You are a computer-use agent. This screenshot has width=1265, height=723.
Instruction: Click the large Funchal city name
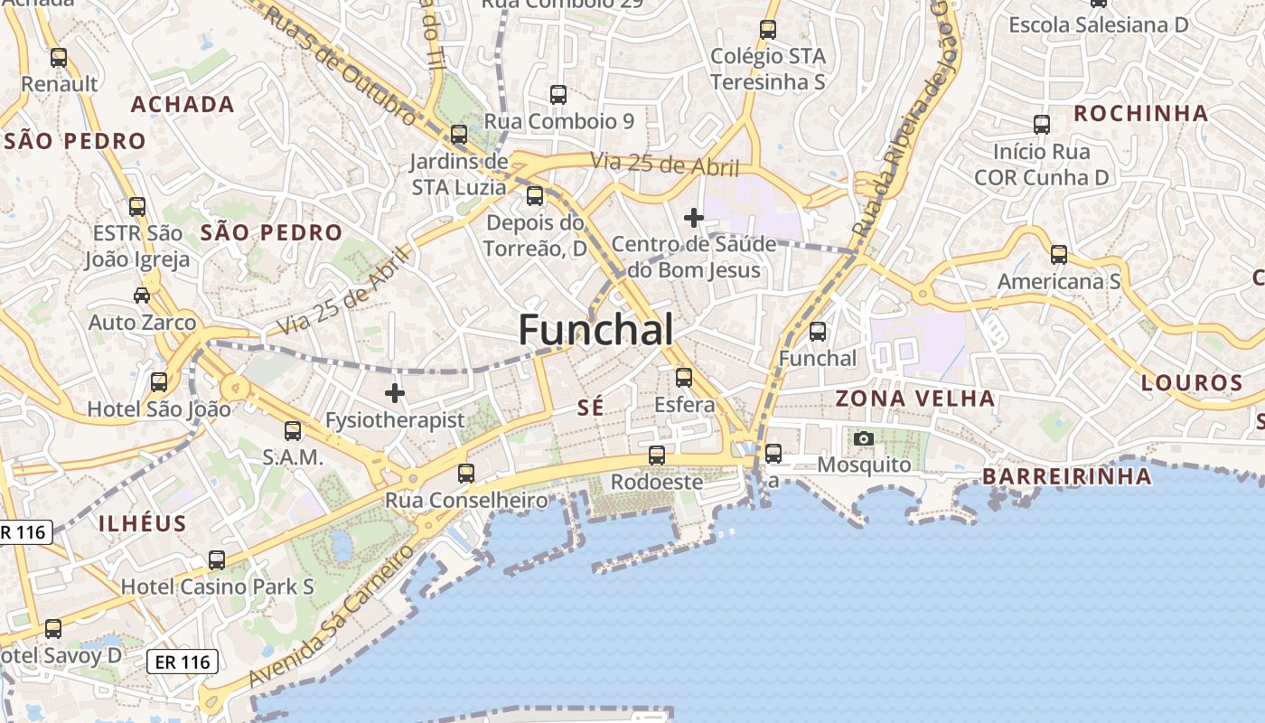tap(595, 330)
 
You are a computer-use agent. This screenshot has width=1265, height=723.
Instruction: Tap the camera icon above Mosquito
tap(864, 439)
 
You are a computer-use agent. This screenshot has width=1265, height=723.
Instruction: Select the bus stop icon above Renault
tap(59, 58)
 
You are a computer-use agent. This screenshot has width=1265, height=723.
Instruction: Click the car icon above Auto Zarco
tap(142, 296)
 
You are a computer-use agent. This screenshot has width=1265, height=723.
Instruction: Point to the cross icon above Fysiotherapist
tap(395, 393)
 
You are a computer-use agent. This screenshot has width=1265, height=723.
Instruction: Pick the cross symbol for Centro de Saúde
tap(694, 218)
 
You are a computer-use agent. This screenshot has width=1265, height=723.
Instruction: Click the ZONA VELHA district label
tap(914, 399)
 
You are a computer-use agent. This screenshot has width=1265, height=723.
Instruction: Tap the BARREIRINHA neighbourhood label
tap(1066, 476)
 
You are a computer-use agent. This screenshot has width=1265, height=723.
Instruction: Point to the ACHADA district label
tap(183, 104)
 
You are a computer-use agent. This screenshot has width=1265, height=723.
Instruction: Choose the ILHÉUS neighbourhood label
tap(143, 523)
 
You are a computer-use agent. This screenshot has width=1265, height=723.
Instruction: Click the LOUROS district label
tap(1192, 382)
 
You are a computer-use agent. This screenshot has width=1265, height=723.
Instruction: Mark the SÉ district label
tap(590, 408)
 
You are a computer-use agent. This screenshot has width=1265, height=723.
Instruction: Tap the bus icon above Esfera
tap(684, 378)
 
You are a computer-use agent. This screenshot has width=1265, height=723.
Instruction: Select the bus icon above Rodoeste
tap(657, 455)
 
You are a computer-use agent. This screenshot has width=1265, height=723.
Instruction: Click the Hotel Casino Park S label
tap(218, 587)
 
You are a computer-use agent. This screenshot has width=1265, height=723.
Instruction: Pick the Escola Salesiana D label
tap(1098, 25)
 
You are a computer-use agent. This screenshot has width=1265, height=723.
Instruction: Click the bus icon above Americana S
tap(1058, 255)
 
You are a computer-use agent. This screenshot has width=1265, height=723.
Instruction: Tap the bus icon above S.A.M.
tap(293, 431)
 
